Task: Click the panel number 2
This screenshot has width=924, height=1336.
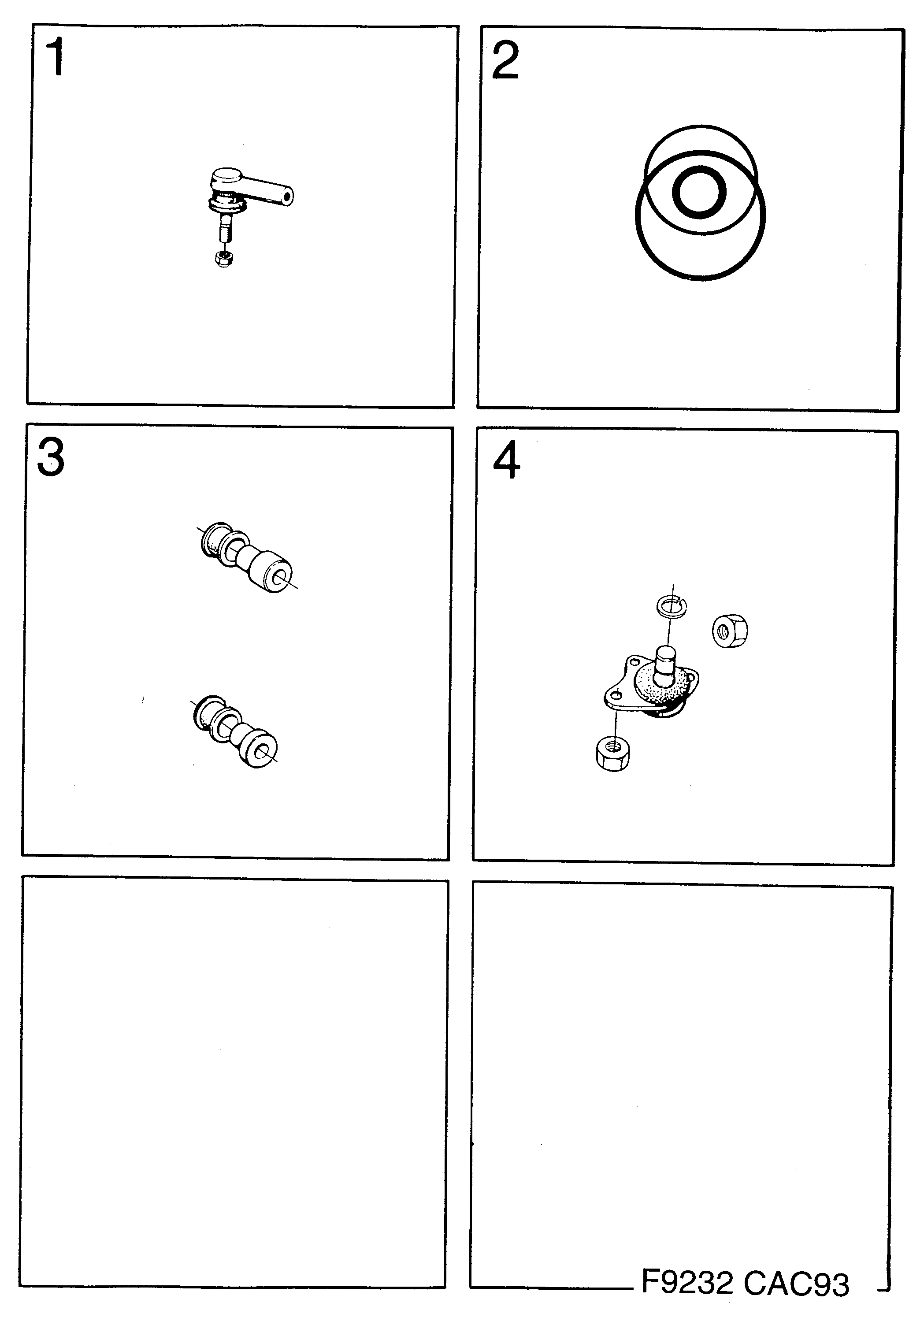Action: [x=505, y=60]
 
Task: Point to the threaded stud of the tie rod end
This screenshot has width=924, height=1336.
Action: [x=225, y=229]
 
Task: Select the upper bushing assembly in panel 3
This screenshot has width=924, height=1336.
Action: [x=246, y=558]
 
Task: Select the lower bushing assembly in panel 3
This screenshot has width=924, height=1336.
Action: [x=234, y=731]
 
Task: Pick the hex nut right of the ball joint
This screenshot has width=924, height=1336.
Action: [x=729, y=631]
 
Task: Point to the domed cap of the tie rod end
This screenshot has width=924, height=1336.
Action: [x=226, y=175]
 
